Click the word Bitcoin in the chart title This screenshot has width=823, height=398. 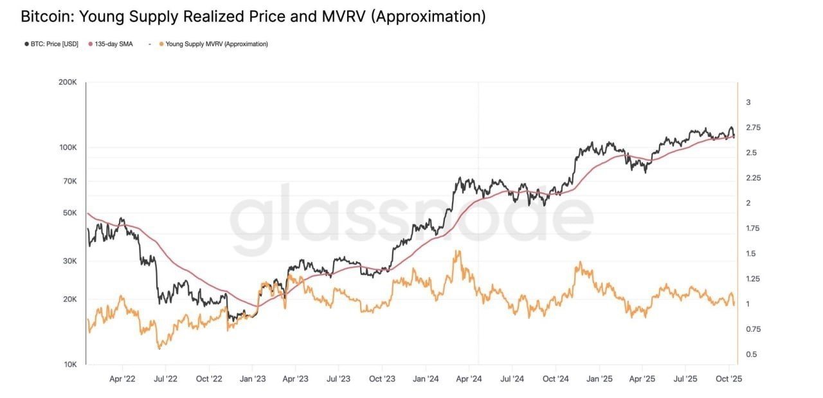(46, 17)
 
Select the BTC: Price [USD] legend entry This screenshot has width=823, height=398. (53, 44)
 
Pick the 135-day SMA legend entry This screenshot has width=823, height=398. (113, 44)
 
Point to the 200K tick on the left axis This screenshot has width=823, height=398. (68, 83)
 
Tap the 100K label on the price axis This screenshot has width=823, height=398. (68, 148)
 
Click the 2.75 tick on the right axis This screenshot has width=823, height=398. (753, 128)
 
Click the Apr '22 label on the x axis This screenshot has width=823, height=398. (122, 379)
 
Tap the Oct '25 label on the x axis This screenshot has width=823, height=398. (729, 379)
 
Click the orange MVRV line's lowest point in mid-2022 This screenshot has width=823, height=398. (159, 348)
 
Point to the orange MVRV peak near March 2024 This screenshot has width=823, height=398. (457, 251)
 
